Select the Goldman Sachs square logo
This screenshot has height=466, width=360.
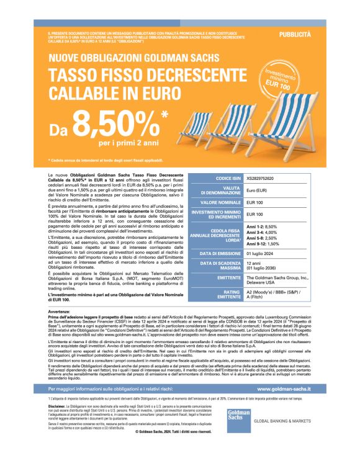coord(238,418)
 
